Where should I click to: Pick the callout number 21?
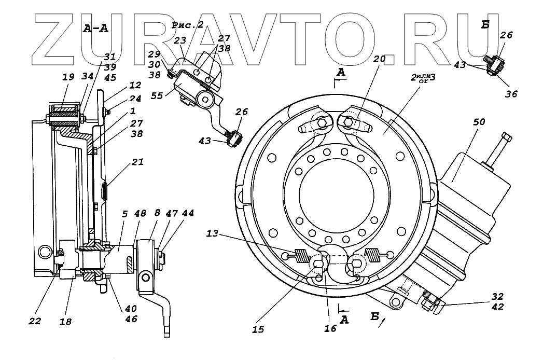pyautogui.click(x=137, y=162)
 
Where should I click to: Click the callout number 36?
pyautogui.click(x=511, y=94)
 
